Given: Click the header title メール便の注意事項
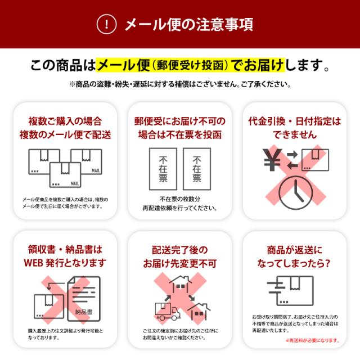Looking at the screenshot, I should click(x=188, y=24).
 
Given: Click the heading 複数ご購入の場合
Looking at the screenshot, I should click(x=65, y=121).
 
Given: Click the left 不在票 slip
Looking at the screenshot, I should click(x=163, y=169).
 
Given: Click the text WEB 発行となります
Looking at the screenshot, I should click(x=65, y=263).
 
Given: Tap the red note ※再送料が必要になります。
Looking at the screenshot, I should click(x=312, y=340).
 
